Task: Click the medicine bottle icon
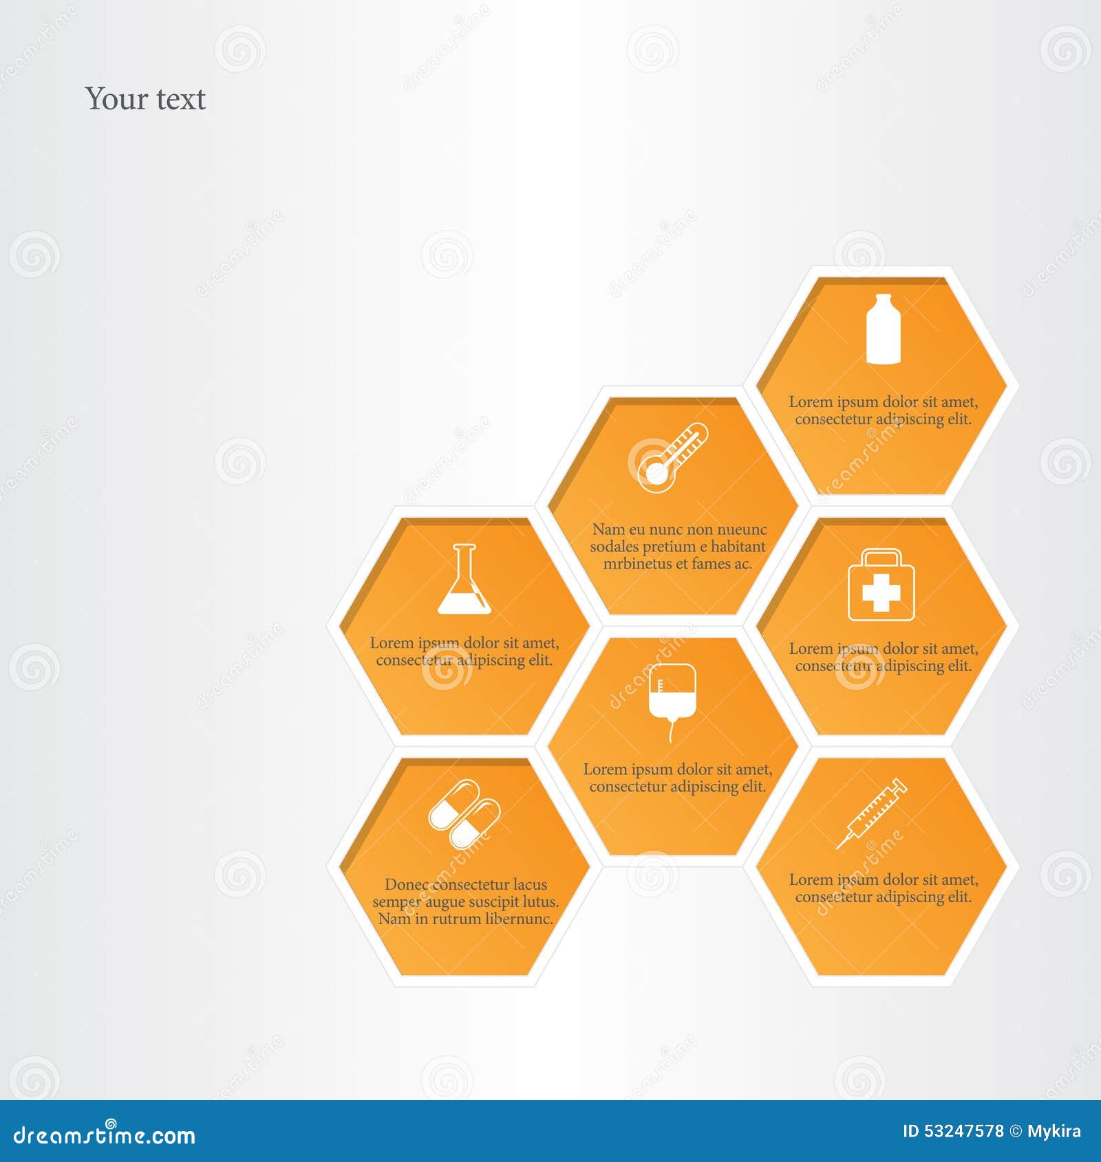point(883,329)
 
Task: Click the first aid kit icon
point(881,584)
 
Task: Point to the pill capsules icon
point(464,814)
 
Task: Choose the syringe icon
point(872,813)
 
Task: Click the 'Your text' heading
point(145,99)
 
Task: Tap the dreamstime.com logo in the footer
point(105,1134)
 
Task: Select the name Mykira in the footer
point(1054,1132)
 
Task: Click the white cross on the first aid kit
point(881,592)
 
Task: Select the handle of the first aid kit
point(881,556)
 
